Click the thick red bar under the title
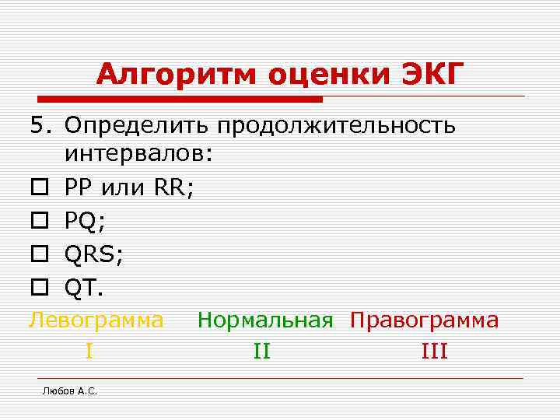pos(180,100)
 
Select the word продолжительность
pos(336,125)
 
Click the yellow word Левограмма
pos(96,320)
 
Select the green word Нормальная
pos(265,320)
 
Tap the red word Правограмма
pos(425,320)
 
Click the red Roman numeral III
pos(434,352)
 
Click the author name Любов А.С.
pos(69,391)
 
